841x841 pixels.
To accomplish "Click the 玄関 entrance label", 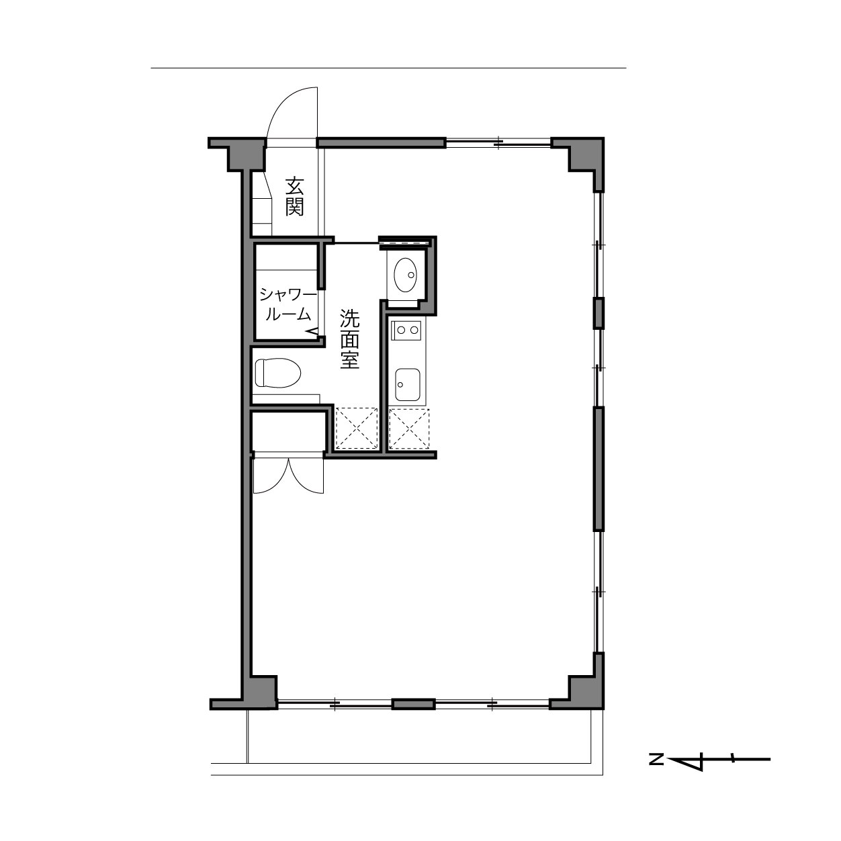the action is (295, 196).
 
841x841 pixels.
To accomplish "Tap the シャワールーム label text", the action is (287, 305).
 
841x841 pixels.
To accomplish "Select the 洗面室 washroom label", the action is (349, 339).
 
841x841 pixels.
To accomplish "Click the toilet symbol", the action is (278, 372).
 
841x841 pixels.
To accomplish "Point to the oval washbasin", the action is (406, 274).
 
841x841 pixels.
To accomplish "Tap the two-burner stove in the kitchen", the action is (406, 330).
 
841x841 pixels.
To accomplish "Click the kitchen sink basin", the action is (408, 384).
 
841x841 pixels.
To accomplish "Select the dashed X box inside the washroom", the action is (357, 428).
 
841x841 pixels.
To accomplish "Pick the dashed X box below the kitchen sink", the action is (409, 429).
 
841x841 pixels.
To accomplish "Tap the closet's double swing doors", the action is (288, 476).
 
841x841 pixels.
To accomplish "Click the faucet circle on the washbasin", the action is (410, 275).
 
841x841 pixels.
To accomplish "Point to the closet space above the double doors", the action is (290, 431).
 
